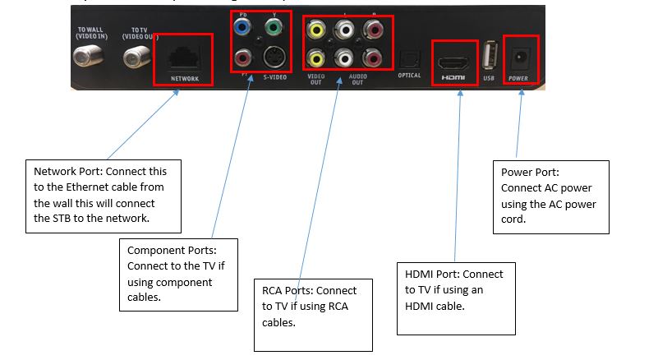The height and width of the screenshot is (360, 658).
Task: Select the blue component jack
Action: tap(242, 26)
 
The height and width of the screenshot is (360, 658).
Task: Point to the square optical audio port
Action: tap(408, 58)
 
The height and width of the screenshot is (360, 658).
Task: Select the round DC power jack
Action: tap(520, 57)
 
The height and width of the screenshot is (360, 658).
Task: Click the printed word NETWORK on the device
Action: tap(185, 79)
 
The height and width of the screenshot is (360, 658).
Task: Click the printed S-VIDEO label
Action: tap(275, 77)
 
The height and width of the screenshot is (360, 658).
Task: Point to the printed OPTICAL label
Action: tap(408, 76)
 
